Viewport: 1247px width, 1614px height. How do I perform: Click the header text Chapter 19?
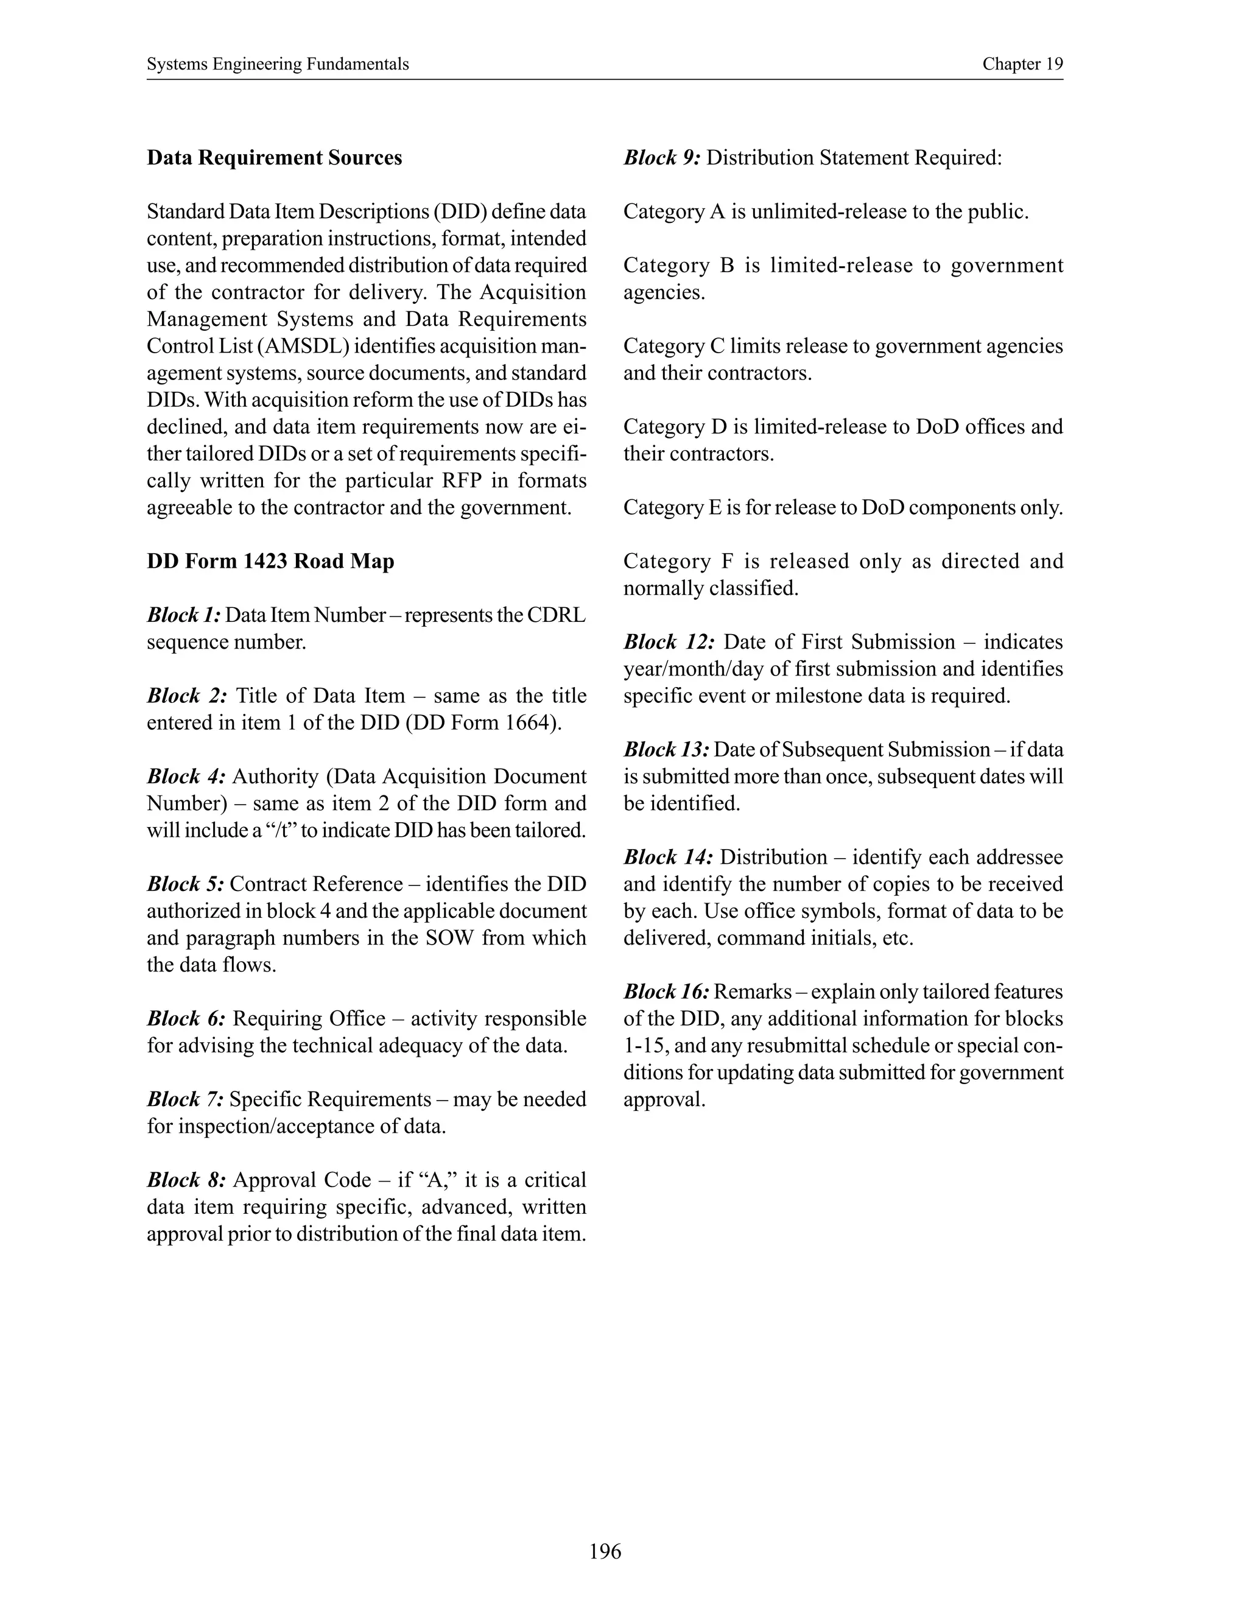click(1022, 65)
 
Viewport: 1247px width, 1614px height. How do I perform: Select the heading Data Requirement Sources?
click(274, 157)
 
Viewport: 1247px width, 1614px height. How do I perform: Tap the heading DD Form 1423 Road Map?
click(270, 561)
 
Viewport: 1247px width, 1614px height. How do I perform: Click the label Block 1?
click(184, 615)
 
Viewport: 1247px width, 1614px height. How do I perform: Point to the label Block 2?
click(187, 696)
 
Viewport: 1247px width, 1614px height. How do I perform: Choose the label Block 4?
click(186, 776)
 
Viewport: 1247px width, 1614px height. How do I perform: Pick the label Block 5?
click(186, 884)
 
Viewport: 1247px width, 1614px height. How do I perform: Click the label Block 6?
click(186, 1018)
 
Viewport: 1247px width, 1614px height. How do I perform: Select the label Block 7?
click(186, 1099)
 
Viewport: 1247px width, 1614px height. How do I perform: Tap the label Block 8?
click(186, 1180)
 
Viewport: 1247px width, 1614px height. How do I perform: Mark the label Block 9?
click(662, 157)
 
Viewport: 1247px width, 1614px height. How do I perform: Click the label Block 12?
click(669, 641)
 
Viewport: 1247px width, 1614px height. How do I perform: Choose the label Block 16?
click(666, 992)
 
